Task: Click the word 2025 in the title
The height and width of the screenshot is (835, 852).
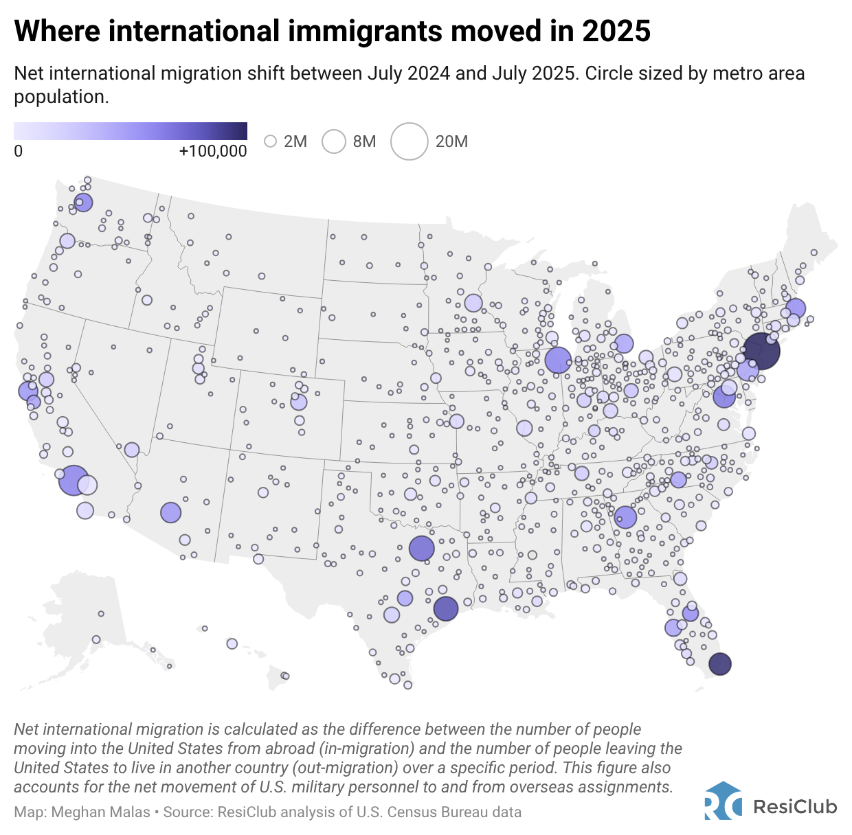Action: [616, 31]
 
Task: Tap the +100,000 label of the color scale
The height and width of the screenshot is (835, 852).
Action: [212, 151]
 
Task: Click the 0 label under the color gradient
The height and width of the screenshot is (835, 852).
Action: [19, 151]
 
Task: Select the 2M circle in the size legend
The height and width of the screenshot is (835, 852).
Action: [271, 141]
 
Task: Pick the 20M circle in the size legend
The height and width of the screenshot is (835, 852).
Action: [409, 141]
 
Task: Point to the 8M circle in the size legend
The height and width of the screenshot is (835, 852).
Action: [334, 141]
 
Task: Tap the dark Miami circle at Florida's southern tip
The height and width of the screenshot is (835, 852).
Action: [719, 664]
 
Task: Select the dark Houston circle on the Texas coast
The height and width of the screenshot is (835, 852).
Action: [446, 608]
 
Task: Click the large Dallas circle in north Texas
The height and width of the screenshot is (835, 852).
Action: [422, 548]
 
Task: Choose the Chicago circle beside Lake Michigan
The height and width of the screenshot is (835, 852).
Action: [558, 359]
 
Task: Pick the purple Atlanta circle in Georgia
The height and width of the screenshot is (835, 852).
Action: [625, 517]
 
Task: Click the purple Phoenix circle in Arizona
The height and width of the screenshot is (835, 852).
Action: [170, 512]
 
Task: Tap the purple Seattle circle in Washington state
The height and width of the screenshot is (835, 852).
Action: [84, 202]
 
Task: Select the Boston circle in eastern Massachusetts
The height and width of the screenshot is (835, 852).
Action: [796, 308]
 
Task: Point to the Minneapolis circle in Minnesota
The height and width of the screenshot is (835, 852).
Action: [473, 303]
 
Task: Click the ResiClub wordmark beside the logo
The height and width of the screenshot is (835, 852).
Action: [795, 806]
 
